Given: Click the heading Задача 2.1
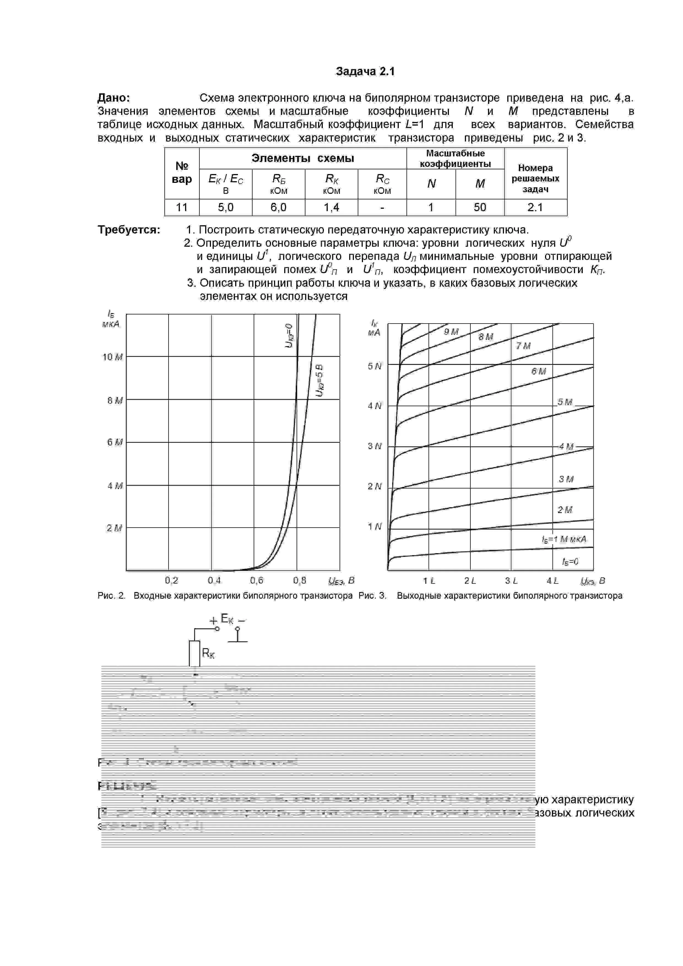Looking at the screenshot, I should (x=365, y=72).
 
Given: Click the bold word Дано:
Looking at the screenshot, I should (x=114, y=98).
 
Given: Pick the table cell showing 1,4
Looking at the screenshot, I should (x=331, y=207).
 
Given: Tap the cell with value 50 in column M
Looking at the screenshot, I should (x=480, y=207).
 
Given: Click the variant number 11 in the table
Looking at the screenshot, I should (x=181, y=207).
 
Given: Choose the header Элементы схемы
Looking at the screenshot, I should (x=303, y=158).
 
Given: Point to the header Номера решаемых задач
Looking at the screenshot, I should (x=535, y=178).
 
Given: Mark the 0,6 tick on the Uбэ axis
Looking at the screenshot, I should (x=257, y=580).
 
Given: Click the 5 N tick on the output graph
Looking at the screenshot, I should (x=375, y=367).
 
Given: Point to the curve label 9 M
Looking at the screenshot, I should (x=451, y=332).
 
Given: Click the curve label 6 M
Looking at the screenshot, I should (x=539, y=371).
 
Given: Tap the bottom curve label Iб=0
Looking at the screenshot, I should (x=570, y=562).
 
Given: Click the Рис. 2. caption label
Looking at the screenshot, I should (x=112, y=596).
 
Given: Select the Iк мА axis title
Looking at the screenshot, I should (x=374, y=328).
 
